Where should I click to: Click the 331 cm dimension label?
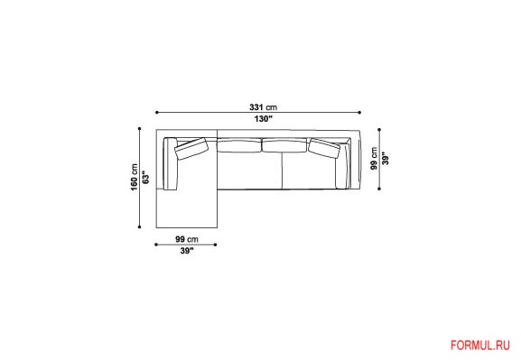point(263,107)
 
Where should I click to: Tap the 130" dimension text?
point(264,118)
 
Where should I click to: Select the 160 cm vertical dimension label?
point(135,177)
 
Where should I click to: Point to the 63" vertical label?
point(145,177)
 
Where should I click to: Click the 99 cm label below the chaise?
point(187,239)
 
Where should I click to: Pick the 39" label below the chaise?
point(187,251)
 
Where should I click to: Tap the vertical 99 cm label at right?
point(375,159)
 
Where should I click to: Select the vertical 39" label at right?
point(386,159)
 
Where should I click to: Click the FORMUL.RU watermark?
point(479,346)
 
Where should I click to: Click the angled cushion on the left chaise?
point(191,149)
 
